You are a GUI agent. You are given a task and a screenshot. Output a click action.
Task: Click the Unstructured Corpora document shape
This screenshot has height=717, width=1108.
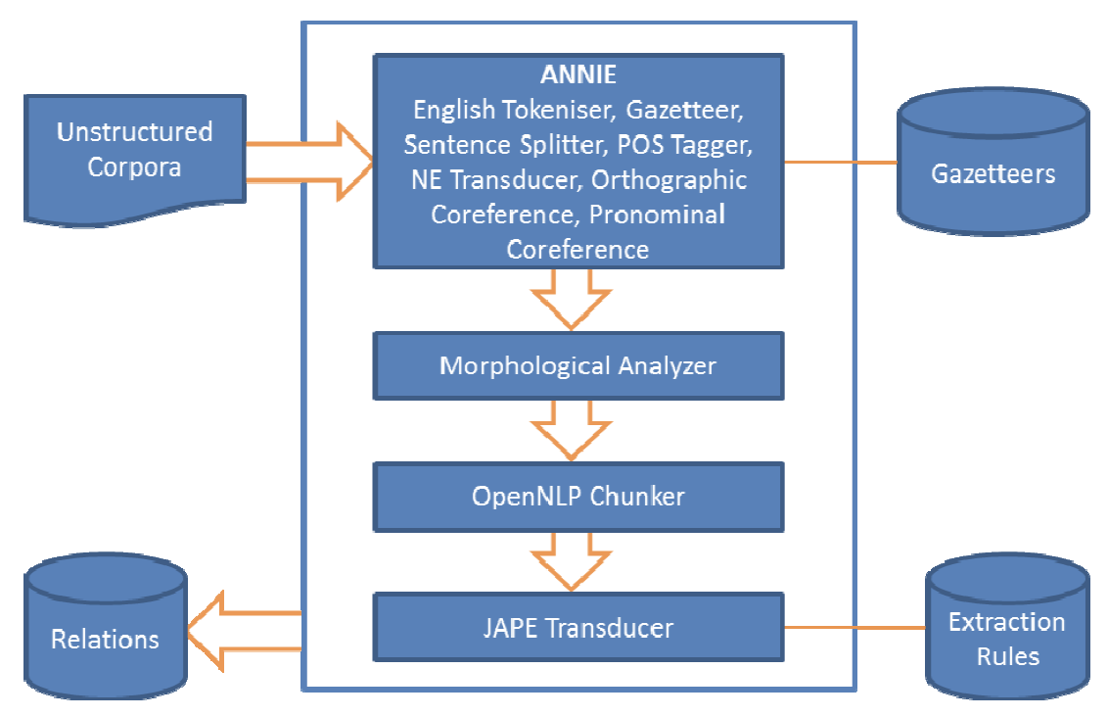tap(135, 151)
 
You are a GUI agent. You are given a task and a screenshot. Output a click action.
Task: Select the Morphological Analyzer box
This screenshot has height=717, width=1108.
tap(577, 366)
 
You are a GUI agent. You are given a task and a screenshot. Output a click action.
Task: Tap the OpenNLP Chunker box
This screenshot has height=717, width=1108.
tap(577, 496)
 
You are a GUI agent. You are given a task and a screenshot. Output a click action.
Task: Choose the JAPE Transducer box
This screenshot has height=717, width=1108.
tap(577, 626)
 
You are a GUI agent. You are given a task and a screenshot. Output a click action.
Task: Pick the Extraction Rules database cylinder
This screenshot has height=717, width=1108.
tap(1006, 637)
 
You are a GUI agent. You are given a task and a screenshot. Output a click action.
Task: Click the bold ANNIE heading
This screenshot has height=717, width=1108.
tap(577, 73)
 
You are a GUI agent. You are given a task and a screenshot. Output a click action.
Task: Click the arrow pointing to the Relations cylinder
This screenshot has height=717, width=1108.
tap(245, 629)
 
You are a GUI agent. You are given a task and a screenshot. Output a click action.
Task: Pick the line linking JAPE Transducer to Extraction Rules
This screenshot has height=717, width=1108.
tap(854, 626)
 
